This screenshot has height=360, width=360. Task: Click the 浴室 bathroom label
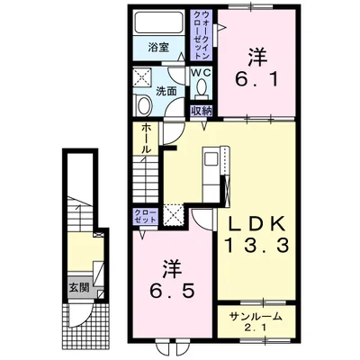click(x=158, y=48)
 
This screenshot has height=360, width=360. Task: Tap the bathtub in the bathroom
click(x=158, y=22)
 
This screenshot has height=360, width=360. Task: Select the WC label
click(x=202, y=72)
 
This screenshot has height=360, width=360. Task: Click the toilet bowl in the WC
click(x=201, y=86)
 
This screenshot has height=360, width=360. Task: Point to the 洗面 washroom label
click(x=166, y=91)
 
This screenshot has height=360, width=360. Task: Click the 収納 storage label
click(x=202, y=111)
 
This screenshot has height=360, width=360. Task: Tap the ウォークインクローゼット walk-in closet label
click(x=202, y=35)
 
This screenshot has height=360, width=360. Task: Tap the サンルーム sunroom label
click(x=256, y=316)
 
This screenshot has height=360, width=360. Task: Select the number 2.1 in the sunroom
click(x=256, y=328)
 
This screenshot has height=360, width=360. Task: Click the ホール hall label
click(x=146, y=139)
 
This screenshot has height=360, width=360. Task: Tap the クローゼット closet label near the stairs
click(x=146, y=216)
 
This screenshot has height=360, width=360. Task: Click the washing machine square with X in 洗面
click(x=143, y=77)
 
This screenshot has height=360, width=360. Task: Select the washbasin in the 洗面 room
click(x=144, y=104)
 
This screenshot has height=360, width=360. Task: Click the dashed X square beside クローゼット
click(x=173, y=214)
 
